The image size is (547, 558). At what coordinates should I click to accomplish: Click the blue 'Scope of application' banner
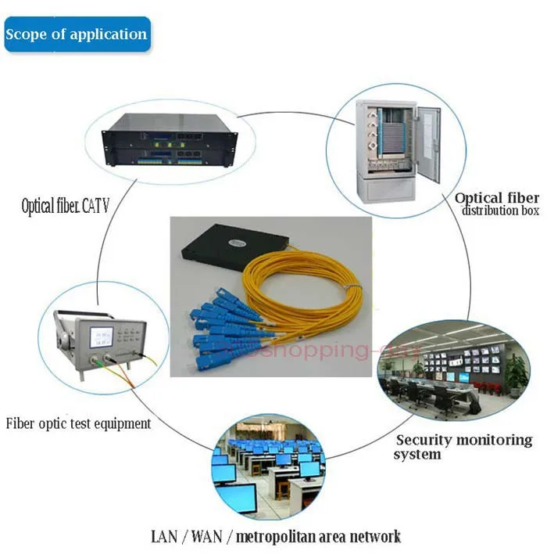[x=77, y=34]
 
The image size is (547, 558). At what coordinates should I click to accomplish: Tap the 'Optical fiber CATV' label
[x=65, y=207]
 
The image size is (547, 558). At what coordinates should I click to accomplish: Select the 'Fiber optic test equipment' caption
[x=78, y=423]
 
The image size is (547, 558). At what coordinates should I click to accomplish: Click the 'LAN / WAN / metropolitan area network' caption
[x=276, y=537]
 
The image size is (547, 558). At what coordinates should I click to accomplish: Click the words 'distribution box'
[x=500, y=211]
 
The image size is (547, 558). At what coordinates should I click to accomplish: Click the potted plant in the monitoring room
[x=515, y=372]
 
